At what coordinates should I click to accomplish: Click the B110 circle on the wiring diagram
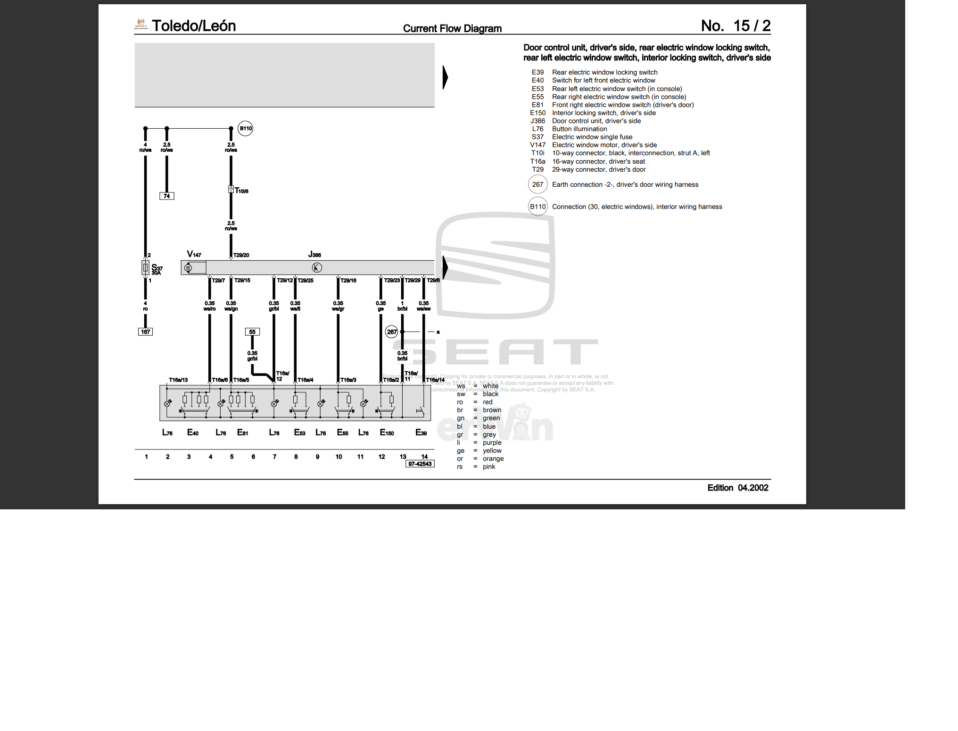tap(246, 128)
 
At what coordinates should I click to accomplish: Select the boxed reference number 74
tap(166, 196)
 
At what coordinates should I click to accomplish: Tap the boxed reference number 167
tap(145, 332)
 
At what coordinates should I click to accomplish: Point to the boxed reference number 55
tap(252, 332)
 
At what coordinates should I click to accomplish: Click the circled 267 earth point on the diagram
tap(391, 332)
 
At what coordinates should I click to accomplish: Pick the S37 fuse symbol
tap(146, 267)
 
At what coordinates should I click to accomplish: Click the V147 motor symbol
tap(189, 268)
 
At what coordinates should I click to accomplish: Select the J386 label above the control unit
tap(314, 255)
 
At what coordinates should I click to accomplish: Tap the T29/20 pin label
tap(241, 255)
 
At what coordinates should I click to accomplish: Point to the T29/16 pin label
tap(348, 280)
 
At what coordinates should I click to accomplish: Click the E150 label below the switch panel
tap(387, 432)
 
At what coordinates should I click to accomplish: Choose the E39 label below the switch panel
tap(421, 432)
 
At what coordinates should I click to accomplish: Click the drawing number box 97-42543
tap(420, 464)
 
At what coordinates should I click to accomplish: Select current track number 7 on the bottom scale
tap(274, 457)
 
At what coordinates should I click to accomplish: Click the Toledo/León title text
tap(193, 26)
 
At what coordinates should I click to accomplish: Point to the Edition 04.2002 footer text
tap(737, 488)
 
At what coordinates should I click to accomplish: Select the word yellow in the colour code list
tap(492, 450)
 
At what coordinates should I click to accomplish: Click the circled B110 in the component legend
tap(537, 207)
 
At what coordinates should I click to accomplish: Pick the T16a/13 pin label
tap(178, 380)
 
